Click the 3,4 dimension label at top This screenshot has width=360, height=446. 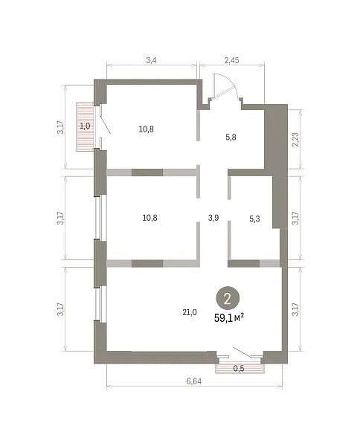pyautogui.click(x=151, y=60)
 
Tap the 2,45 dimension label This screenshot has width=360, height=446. pyautogui.click(x=231, y=60)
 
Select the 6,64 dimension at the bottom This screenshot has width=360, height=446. pyautogui.click(x=194, y=381)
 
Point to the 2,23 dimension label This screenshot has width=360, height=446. pyautogui.click(x=295, y=140)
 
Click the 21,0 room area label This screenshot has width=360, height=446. pyautogui.click(x=190, y=312)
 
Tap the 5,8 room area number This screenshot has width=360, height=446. pyautogui.click(x=231, y=138)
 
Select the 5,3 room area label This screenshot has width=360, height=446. pyautogui.click(x=254, y=219)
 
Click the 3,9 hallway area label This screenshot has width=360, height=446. pyautogui.click(x=213, y=218)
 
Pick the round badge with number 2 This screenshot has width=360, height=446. pyautogui.click(x=228, y=298)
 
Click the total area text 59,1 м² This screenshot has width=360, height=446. pyautogui.click(x=229, y=317)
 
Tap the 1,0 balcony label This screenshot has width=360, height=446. pyautogui.click(x=85, y=126)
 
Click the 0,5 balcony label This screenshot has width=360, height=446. pyautogui.click(x=239, y=369)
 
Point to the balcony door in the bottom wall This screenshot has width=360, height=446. pyautogui.click(x=242, y=352)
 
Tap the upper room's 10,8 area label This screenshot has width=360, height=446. pyautogui.click(x=147, y=129)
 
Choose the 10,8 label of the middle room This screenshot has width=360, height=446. pyautogui.click(x=150, y=218)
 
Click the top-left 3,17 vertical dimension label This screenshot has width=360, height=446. pyautogui.click(x=61, y=127)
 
